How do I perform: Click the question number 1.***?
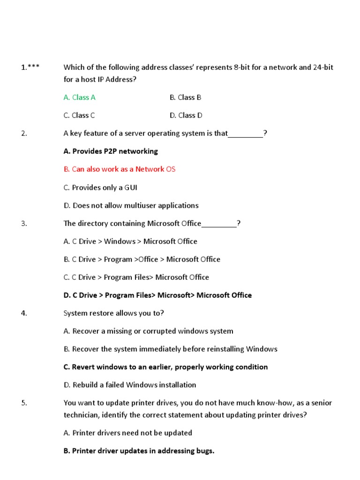[30, 67]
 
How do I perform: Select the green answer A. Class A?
[79, 97]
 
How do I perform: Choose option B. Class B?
[185, 97]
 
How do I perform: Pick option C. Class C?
[79, 115]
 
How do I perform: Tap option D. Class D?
[185, 115]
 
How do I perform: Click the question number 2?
[24, 134]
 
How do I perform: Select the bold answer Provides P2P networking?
[111, 151]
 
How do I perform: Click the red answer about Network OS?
[119, 169]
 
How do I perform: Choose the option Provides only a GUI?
[100, 187]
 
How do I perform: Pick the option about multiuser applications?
[131, 205]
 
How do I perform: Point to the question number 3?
[24, 224]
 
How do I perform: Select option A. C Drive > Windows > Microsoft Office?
[130, 241]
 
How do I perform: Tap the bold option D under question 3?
[157, 295]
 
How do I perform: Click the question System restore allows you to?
[114, 313]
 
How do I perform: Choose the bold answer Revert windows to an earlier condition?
[165, 367]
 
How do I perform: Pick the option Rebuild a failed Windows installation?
[130, 385]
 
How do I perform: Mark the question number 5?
[24, 403]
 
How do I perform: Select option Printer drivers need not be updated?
[127, 433]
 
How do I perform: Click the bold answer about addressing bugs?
[139, 451]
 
